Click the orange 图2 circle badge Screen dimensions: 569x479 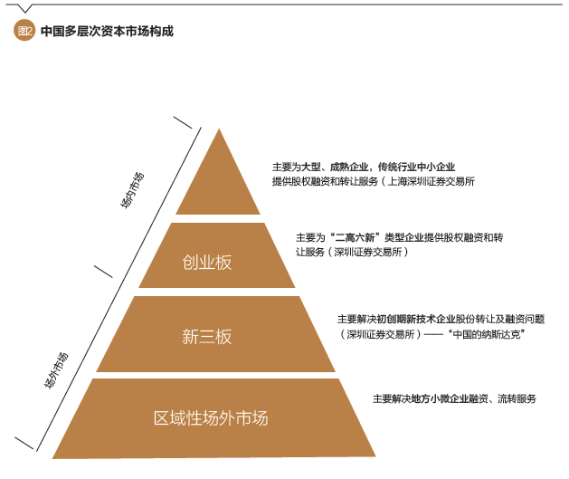[x=24, y=31]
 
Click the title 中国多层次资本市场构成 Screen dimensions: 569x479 [x=107, y=31]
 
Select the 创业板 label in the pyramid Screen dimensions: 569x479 [x=207, y=263]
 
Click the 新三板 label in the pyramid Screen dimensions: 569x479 [x=207, y=336]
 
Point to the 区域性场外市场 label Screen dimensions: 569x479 [x=211, y=418]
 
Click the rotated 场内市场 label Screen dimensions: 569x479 [x=132, y=190]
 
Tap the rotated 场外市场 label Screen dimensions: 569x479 [x=56, y=370]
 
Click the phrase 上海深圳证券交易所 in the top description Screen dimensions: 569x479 [x=431, y=181]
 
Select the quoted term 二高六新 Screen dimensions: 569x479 [x=355, y=238]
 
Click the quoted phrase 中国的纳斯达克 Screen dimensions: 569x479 [x=487, y=334]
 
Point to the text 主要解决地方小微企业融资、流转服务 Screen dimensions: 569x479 [x=454, y=398]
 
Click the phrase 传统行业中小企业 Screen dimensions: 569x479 [x=417, y=167]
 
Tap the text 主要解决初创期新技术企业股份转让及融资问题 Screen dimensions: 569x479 [x=441, y=320]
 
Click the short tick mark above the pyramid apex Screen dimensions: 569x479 [x=183, y=122]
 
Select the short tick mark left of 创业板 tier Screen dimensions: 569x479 [x=103, y=272]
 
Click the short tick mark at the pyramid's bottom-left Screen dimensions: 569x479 [x=24, y=443]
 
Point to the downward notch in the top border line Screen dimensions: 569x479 [x=24, y=8]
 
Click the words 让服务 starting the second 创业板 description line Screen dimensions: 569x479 [x=310, y=252]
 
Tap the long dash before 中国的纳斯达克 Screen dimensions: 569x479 [x=433, y=334]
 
